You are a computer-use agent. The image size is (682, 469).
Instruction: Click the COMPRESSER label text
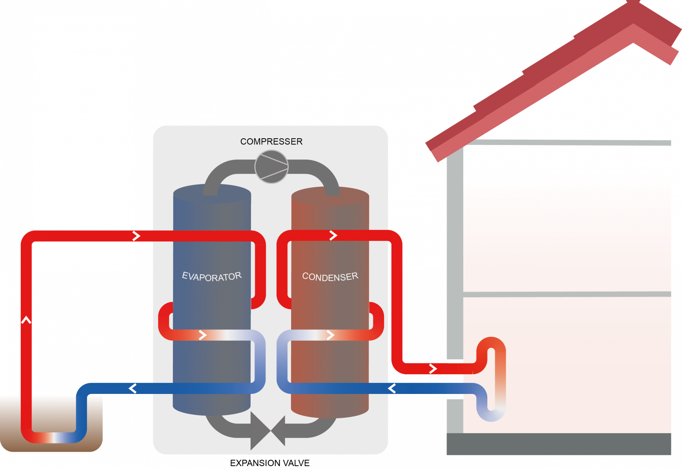(271, 141)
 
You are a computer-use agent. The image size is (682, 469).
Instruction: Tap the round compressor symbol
(271, 167)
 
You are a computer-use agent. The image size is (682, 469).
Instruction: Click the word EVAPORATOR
(212, 277)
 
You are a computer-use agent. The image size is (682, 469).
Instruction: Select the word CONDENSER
(330, 277)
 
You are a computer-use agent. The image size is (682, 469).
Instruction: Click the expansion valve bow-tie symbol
(268, 431)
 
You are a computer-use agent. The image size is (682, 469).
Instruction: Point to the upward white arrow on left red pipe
(26, 320)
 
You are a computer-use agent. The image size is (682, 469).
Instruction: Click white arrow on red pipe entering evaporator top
(136, 236)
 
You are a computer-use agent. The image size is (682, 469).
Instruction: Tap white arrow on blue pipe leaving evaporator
(132, 388)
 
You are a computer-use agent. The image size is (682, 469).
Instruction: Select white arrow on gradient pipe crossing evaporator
(203, 335)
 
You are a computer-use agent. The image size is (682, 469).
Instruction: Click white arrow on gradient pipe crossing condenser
(331, 335)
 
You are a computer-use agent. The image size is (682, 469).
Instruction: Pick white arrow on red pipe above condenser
(333, 236)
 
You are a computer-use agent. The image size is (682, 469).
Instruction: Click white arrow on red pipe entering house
(433, 368)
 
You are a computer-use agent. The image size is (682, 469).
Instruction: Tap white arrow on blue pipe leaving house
(392, 388)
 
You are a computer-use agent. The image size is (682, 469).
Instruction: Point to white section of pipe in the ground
(54, 437)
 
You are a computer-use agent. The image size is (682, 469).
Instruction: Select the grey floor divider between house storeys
(567, 294)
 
